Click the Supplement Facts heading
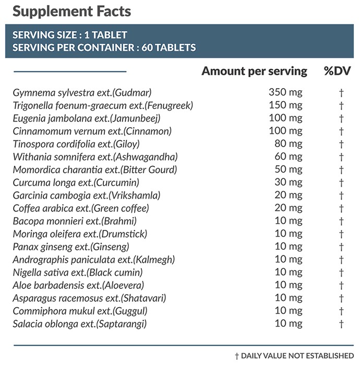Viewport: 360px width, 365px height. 71,11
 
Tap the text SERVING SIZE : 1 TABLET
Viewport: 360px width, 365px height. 69,35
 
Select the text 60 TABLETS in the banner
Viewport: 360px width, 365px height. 169,47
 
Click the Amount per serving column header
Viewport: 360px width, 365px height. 254,71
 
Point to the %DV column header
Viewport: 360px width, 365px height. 337,71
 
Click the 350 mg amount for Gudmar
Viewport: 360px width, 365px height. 285,92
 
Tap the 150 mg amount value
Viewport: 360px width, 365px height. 285,105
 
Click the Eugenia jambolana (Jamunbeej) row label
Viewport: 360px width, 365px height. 87,118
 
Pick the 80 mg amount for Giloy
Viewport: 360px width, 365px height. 289,143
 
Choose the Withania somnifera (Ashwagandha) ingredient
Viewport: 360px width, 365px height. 95,156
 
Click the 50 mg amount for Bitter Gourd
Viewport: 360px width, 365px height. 289,169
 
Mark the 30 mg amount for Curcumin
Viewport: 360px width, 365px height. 289,182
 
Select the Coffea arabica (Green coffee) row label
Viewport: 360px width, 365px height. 81,208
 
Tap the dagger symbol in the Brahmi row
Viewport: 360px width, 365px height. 341,221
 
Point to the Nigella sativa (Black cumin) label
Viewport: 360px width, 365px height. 78,272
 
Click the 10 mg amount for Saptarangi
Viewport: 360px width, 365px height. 289,323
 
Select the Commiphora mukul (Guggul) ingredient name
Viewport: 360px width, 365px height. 80,311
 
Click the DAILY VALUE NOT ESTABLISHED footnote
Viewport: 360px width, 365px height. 294,356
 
